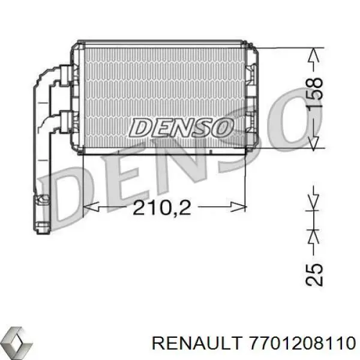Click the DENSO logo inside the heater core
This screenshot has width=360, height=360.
click(x=181, y=127)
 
